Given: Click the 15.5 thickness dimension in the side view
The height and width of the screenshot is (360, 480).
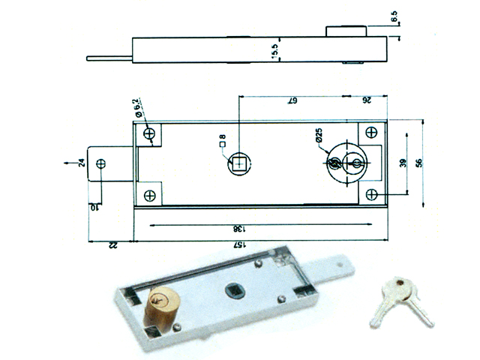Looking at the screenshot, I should (275, 51).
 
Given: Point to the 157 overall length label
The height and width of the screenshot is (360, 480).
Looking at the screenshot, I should (237, 246).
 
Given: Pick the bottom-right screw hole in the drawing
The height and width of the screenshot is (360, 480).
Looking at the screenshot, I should (371, 194).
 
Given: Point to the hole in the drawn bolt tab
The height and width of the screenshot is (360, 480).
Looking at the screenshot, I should (101, 163).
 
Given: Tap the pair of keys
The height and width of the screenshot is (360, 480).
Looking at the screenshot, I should (401, 300).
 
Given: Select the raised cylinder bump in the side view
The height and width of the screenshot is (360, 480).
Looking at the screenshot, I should (346, 31).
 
